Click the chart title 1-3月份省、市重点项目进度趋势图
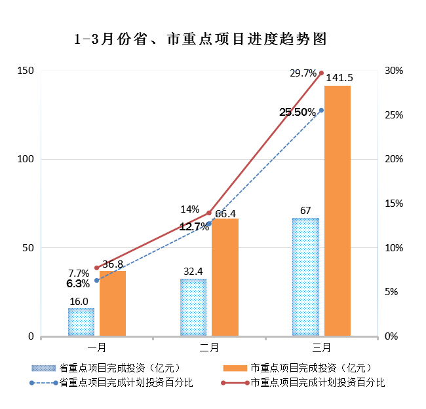point(201,39)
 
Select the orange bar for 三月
point(338,211)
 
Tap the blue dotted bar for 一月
point(81,322)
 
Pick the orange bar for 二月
point(225,277)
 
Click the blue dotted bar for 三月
point(305,277)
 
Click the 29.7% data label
point(303,73)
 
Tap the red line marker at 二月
point(209,213)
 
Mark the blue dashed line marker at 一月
point(97,280)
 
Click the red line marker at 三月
point(321,73)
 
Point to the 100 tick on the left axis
point(26,159)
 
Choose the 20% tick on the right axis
point(394,159)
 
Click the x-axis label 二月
point(209,346)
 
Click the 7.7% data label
point(79,273)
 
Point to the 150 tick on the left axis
point(26,71)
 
